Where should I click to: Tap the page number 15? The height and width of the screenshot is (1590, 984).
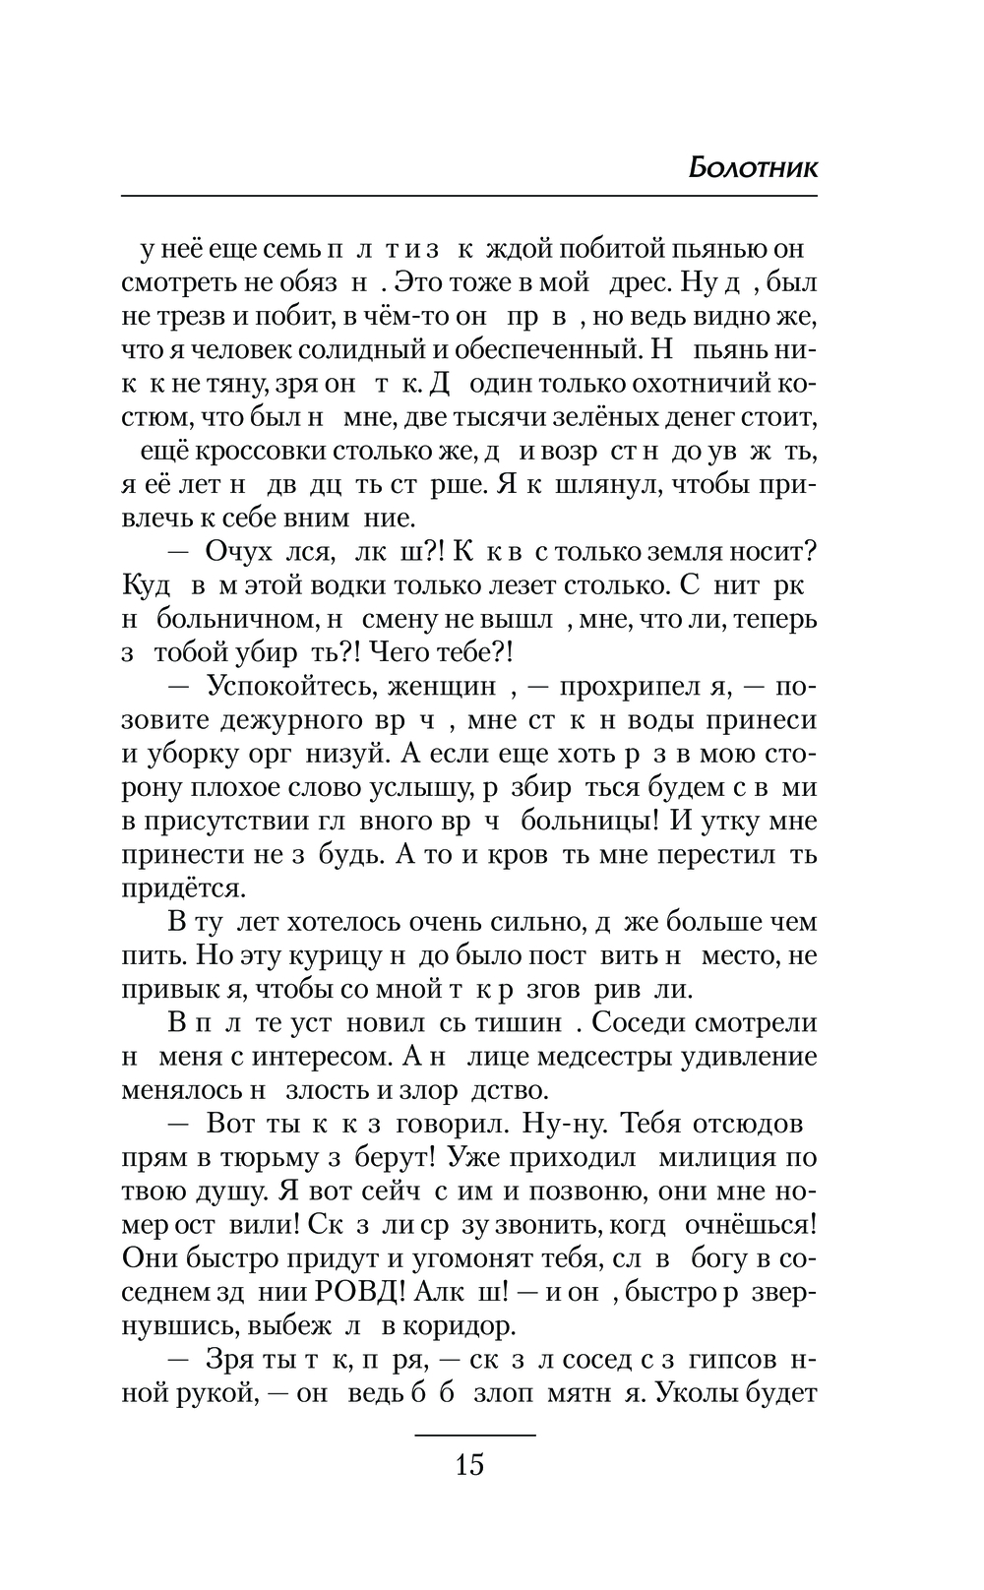pyautogui.click(x=470, y=1465)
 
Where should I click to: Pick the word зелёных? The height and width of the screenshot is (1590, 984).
pyautogui.click(x=558, y=417)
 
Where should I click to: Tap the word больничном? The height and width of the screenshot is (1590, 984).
pyautogui.click(x=239, y=619)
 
